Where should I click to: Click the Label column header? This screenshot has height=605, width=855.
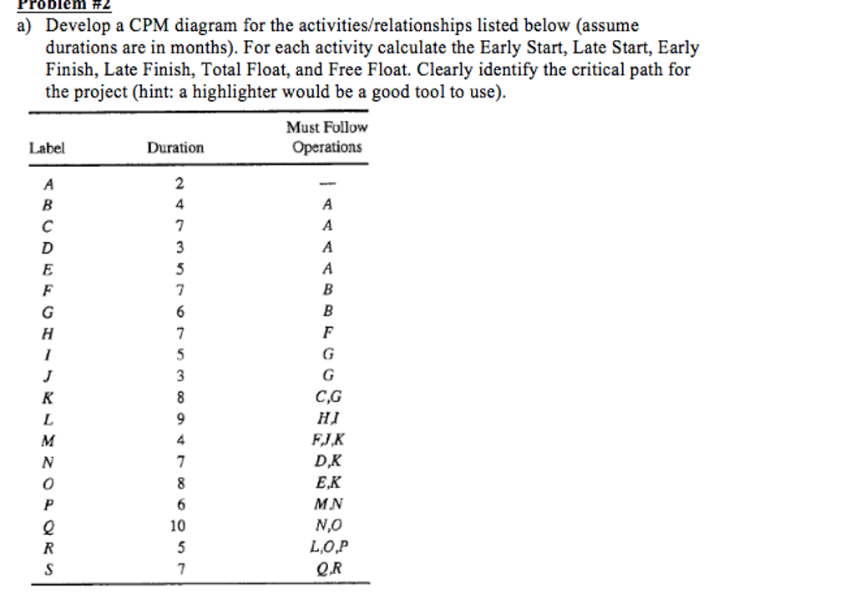(47, 149)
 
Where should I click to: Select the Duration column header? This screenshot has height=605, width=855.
(175, 149)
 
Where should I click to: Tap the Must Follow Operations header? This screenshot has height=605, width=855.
(326, 138)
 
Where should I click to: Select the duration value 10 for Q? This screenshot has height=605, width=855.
(178, 527)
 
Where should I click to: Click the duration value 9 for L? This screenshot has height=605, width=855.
(179, 419)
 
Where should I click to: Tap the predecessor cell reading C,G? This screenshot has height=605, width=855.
(326, 397)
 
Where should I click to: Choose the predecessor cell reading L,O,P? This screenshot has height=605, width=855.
(326, 548)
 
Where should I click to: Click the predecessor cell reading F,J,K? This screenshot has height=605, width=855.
(326, 440)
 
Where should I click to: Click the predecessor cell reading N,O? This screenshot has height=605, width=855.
(326, 527)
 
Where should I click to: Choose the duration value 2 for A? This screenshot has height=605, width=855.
(179, 184)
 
